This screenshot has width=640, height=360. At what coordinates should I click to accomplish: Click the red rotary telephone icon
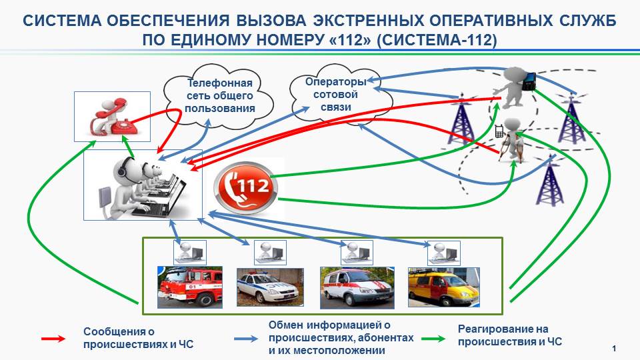point(112,117)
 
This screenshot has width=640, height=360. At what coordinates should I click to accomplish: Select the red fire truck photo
point(190,287)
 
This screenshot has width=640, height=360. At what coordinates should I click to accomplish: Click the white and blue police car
point(270,287)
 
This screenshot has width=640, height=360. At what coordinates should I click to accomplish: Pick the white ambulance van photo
point(357,288)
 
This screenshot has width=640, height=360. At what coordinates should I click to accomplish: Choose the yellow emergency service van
point(444,287)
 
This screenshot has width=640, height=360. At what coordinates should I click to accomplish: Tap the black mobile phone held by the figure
point(529,81)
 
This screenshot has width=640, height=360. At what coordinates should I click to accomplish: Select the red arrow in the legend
point(53,339)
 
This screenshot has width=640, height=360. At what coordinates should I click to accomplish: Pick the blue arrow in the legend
point(246,339)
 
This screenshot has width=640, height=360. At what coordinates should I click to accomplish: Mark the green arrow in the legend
point(433,339)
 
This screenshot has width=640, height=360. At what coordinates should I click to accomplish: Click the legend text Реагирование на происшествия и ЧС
point(509,335)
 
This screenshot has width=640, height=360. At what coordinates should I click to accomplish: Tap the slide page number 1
point(614,348)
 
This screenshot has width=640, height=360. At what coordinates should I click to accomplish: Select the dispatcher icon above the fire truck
point(190,252)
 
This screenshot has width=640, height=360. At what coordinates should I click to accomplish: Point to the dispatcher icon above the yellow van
point(444,253)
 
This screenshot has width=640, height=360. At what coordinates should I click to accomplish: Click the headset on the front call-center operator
point(123,167)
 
